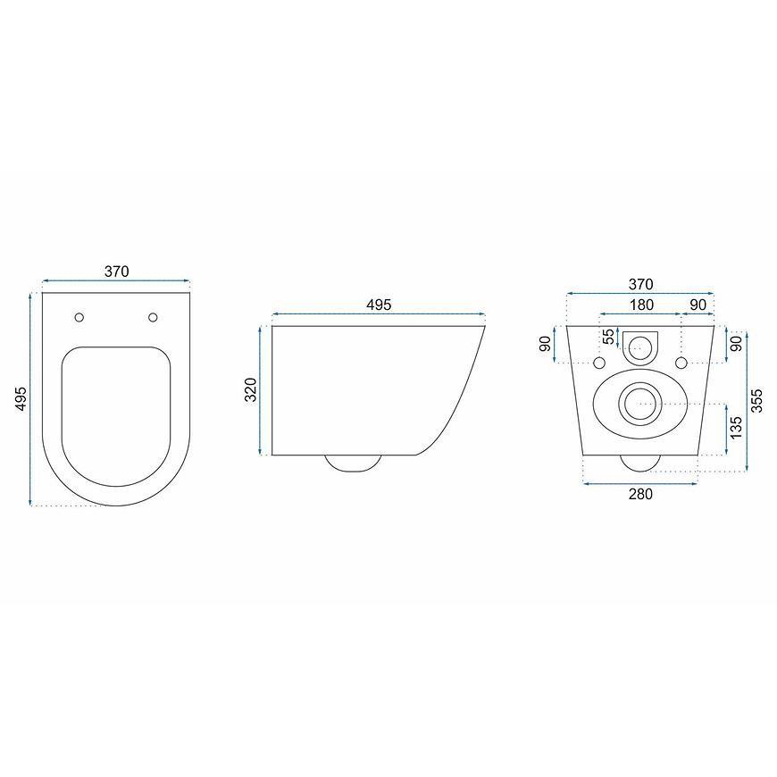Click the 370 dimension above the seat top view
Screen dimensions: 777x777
[116, 272]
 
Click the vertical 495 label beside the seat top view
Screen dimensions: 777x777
[21, 398]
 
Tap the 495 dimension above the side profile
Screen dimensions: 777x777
[379, 305]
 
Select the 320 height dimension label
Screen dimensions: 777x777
[251, 389]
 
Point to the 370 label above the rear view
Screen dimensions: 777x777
[640, 284]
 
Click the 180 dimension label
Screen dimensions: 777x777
[641, 305]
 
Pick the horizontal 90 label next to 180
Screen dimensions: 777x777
[698, 305]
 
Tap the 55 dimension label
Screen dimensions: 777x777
[608, 337]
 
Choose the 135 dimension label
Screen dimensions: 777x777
[737, 427]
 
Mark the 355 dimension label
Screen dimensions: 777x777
[756, 400]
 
